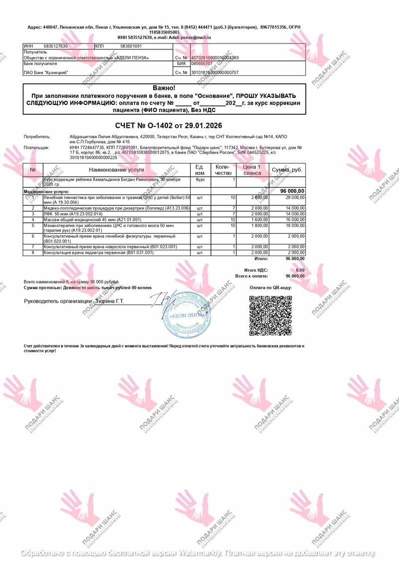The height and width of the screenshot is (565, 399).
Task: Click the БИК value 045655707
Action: tap(202, 64)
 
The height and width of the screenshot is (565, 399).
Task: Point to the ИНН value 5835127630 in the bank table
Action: tap(56, 46)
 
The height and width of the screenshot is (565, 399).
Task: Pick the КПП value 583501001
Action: tap(131, 46)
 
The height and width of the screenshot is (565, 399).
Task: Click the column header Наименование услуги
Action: tap(117, 170)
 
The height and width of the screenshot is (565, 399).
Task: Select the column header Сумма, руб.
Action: tap(287, 170)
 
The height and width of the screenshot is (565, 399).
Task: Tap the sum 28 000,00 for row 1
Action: tap(294, 198)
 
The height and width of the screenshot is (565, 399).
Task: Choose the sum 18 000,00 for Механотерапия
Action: tap(294, 226)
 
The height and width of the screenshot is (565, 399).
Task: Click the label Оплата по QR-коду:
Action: tap(270, 287)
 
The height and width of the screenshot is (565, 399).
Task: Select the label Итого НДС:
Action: tap(256, 270)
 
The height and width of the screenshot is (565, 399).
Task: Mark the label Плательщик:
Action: tap(37, 148)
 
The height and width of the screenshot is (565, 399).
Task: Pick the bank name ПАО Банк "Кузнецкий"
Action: tap(46, 72)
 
